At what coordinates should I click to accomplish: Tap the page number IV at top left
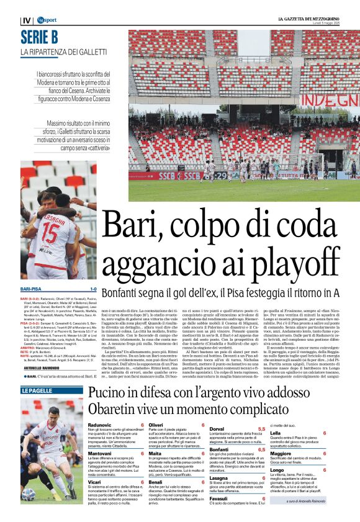coord(26,20)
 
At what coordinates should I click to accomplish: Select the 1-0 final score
coord(92,289)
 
